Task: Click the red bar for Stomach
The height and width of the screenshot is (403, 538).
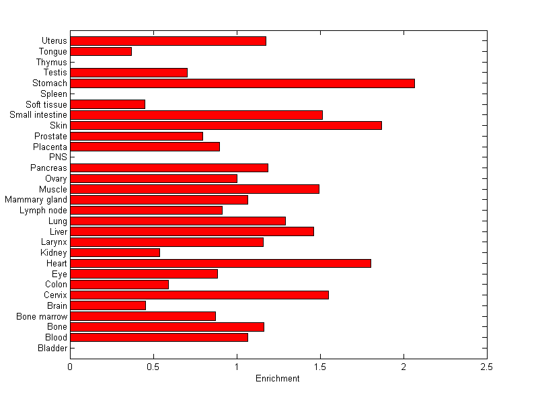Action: pos(242,83)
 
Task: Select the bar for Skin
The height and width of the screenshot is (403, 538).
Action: pos(226,125)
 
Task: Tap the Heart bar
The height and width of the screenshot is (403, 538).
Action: pos(221,263)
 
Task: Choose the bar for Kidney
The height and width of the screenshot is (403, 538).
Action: pos(115,252)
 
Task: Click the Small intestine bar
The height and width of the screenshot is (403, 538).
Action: pos(196,115)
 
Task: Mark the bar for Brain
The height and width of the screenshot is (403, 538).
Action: pos(108,305)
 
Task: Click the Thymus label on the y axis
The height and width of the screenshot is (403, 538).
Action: pos(52,63)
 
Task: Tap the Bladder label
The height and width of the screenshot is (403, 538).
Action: pos(52,348)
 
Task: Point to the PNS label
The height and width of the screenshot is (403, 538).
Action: pos(59,157)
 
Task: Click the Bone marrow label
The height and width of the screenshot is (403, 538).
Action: pos(42,316)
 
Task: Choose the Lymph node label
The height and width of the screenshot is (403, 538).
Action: pos(44,211)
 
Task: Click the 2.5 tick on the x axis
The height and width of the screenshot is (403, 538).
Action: pos(487,367)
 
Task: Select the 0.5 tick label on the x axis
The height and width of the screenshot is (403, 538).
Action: pos(153,367)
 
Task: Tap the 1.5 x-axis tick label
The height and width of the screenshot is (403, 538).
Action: pos(320,367)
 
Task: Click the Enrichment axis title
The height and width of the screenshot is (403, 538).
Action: pos(278,379)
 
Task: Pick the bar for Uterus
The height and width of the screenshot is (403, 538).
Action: pos(168,41)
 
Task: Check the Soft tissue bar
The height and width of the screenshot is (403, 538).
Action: pos(108,104)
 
